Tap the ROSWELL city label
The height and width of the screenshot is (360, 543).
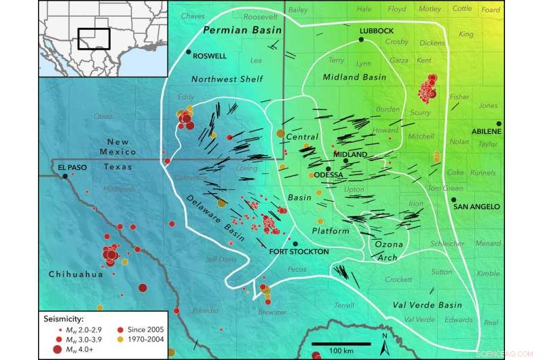coord(210,55)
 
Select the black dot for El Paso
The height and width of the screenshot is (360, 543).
coord(65,176)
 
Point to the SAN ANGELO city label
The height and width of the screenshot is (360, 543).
coord(477,206)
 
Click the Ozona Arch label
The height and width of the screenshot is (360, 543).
coord(387,249)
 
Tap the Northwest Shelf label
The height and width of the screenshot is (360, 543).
coord(227,79)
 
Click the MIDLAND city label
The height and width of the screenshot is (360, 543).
coord(350,154)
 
